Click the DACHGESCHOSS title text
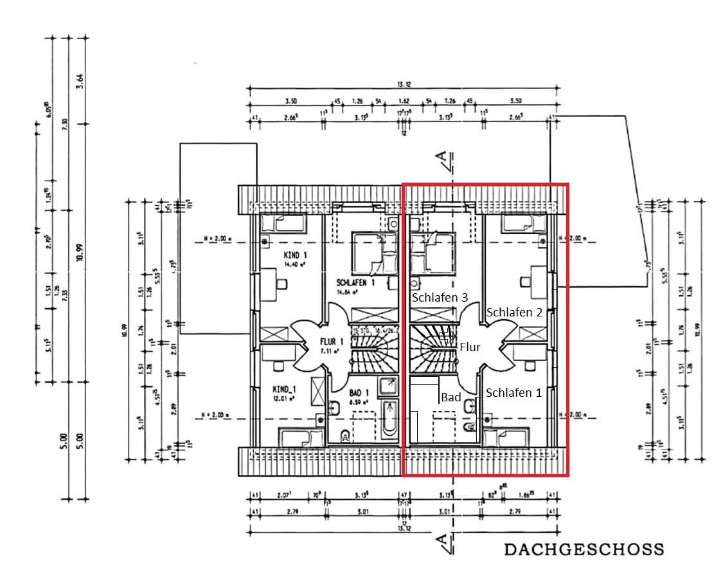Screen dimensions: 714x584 click(584, 549)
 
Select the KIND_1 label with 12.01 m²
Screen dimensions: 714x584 click(283, 390)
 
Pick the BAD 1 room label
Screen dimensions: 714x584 click(359, 393)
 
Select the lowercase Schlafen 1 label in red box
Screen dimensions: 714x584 click(513, 392)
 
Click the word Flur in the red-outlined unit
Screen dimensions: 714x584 click(470, 347)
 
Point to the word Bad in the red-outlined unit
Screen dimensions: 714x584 click(451, 397)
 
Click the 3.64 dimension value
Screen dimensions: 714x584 click(80, 81)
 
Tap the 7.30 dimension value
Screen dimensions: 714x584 click(64, 125)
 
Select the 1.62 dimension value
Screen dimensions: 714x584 click(404, 101)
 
